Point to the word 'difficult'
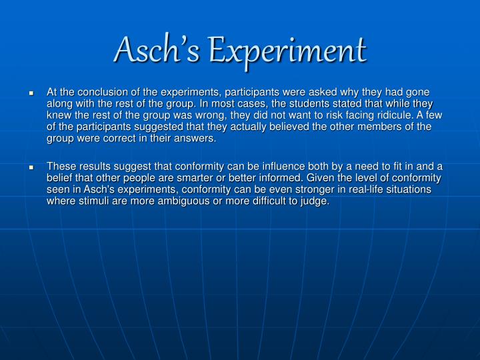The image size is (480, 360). point(269,201)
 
